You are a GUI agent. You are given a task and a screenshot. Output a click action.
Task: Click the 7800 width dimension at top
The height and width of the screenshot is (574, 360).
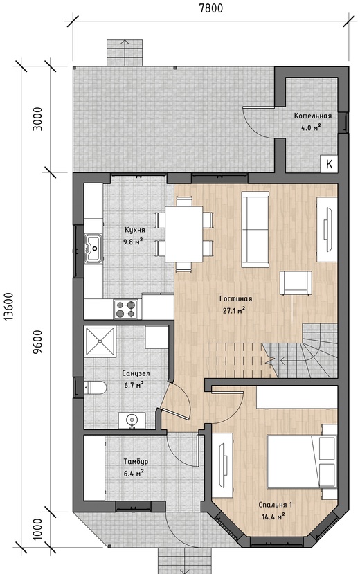tap(210, 8)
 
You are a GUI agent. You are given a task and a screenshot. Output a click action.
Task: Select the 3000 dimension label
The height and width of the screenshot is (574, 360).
tap(38, 118)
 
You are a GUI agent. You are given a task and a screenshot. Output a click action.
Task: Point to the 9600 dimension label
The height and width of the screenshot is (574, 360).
tap(38, 341)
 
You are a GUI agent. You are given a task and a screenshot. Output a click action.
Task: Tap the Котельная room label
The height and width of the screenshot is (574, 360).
tap(313, 116)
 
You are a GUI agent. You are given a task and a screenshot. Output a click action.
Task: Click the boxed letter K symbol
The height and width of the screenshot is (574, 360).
tap(329, 164)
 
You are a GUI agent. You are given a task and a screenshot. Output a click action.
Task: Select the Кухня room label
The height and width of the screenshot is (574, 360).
tap(134, 230)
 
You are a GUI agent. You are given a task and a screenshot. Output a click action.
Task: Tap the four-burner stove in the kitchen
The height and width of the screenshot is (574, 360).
tap(125, 309)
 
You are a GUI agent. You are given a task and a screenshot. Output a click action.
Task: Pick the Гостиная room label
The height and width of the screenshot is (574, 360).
tap(235, 298)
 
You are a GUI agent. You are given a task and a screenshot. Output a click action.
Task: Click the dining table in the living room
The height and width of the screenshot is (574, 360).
tap(183, 234)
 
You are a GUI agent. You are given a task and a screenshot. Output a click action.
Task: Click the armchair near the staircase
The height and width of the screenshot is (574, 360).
tap(296, 283)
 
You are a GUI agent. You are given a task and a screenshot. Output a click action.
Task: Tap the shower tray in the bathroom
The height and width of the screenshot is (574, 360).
tap(100, 341)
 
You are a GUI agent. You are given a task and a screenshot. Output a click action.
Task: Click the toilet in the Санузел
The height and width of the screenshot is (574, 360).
tap(95, 387)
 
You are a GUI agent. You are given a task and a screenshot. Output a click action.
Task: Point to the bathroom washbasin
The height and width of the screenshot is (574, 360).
tap(132, 420)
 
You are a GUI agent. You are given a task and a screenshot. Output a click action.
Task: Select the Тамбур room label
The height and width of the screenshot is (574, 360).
tap(136, 462)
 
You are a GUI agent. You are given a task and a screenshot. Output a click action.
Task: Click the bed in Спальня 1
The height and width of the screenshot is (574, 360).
tap(301, 461)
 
